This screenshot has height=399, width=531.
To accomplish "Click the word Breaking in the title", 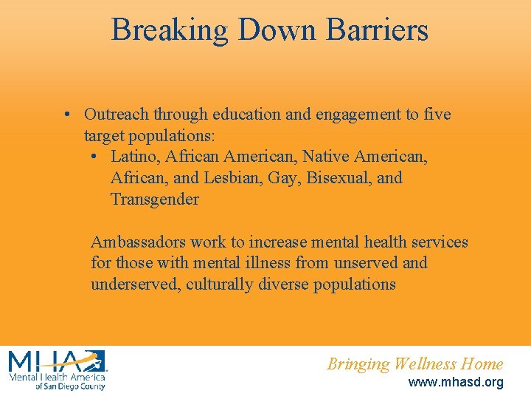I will (x=170, y=30).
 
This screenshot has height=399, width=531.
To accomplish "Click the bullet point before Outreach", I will (x=67, y=115).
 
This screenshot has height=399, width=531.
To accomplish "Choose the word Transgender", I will (x=154, y=199).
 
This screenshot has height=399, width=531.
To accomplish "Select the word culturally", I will (x=220, y=284).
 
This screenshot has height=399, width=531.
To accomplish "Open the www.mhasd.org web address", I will (x=456, y=382).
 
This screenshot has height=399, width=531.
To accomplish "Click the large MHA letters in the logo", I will (x=55, y=361).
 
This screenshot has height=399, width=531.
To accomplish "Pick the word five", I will (x=436, y=115).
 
